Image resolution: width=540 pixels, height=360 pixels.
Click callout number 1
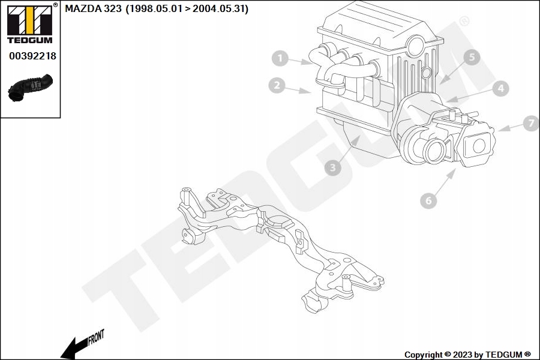point(279,59)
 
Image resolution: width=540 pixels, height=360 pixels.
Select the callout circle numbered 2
point(277,86)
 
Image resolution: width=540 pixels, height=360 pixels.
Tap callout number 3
point(332,167)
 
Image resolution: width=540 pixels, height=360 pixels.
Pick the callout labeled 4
point(500,89)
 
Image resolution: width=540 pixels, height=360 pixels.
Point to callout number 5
point(472,58)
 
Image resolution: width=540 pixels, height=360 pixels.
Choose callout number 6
point(428,200)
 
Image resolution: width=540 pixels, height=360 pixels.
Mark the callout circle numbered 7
point(530,124)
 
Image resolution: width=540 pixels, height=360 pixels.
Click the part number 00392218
point(32,56)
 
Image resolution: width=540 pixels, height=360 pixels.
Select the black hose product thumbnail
point(30,87)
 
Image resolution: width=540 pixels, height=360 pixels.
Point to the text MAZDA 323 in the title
point(92,9)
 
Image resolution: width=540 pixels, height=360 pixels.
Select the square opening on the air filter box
point(479,145)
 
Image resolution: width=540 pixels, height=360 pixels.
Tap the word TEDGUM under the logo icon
point(29,40)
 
